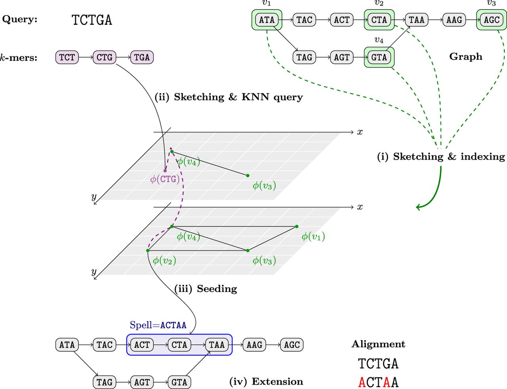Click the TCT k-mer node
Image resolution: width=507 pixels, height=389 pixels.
[x=67, y=57]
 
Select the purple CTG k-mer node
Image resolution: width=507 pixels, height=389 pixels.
[x=104, y=57]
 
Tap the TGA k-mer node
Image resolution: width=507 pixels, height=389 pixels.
[x=142, y=57]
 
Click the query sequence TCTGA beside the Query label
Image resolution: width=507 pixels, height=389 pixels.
[x=92, y=20]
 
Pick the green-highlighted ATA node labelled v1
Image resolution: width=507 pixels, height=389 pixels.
[x=267, y=20]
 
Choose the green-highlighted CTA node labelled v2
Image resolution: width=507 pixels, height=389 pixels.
[x=379, y=20]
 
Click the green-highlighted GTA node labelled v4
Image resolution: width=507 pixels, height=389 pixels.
[x=379, y=57]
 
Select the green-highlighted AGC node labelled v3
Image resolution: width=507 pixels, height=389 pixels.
[x=492, y=20]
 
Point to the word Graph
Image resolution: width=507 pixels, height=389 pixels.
[x=466, y=57]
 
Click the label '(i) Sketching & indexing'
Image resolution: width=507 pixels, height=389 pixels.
[x=441, y=157]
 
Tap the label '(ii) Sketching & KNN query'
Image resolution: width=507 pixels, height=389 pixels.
[x=229, y=97]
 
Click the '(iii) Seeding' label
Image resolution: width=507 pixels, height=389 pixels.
[x=206, y=289]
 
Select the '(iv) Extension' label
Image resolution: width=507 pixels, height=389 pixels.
[x=266, y=381]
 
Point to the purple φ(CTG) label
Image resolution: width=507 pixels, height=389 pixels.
[x=165, y=179]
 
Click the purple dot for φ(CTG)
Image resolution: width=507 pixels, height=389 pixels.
[x=165, y=171]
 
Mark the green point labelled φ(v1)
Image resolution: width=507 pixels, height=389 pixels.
[x=297, y=226]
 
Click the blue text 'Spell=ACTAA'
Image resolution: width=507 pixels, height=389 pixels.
[x=158, y=325]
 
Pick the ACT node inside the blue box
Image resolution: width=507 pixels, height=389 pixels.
[x=142, y=345]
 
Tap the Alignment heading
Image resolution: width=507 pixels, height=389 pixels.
[x=378, y=344]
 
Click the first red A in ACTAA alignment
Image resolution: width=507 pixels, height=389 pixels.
[x=362, y=382]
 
